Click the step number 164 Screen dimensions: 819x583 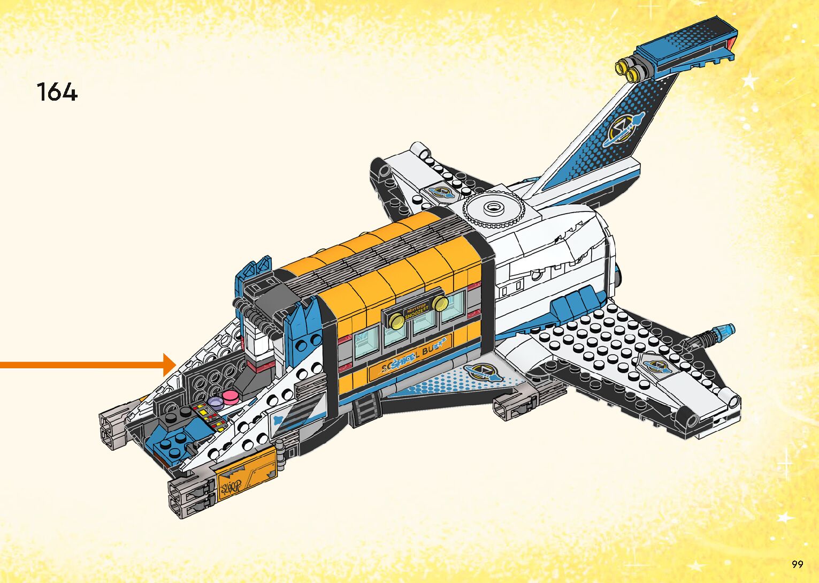coord(57,92)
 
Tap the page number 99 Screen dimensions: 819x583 coord(797,564)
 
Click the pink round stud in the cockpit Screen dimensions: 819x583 coord(232,397)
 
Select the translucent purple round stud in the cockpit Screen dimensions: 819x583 coord(216,403)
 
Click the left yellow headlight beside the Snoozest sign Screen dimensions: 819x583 coord(397,321)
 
